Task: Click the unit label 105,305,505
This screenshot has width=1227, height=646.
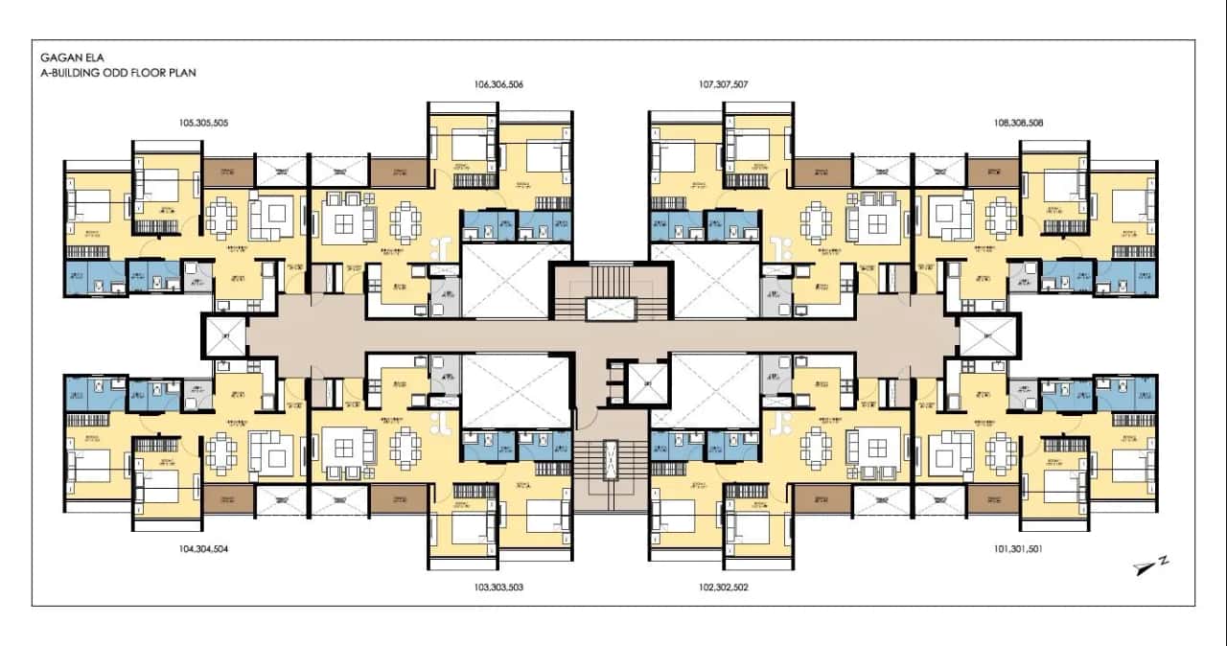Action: (203, 123)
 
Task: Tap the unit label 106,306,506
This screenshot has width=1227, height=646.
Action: (498, 84)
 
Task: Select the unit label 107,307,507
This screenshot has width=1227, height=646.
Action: (724, 84)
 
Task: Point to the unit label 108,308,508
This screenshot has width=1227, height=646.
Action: (1019, 123)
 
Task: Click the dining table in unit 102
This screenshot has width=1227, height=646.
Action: (820, 447)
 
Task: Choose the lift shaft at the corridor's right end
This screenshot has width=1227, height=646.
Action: (988, 335)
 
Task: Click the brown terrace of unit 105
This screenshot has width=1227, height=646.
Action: (227, 173)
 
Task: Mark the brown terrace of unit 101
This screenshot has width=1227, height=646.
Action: (992, 498)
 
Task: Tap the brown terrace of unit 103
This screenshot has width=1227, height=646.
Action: (398, 498)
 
